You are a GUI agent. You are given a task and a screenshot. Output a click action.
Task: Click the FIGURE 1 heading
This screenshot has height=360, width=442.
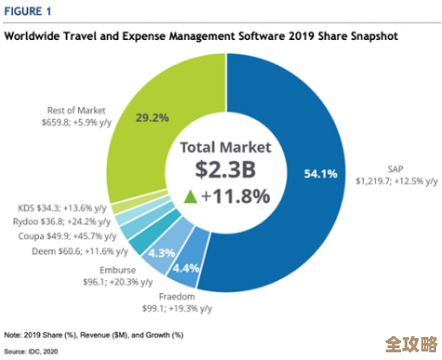point(28,13)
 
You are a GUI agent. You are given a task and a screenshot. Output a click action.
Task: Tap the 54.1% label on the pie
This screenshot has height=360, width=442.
point(320,174)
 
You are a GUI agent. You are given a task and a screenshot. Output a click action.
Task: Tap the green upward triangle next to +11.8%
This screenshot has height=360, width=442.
point(192,197)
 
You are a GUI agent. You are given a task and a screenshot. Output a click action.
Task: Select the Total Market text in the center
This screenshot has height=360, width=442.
point(224,146)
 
